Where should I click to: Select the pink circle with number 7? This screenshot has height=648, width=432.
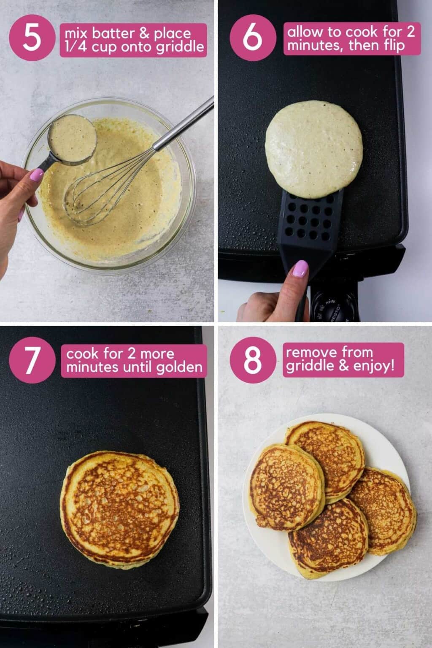(32, 361)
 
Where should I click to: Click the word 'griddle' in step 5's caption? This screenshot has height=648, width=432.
(179, 47)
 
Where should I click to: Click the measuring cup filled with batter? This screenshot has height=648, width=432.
(72, 137)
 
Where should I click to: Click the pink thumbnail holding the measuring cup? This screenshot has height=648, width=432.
(37, 173)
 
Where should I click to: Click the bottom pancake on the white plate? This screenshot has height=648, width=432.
(328, 538)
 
